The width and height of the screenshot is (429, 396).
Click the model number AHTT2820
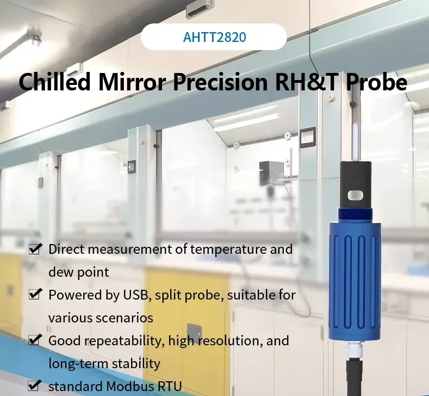pos(214,38)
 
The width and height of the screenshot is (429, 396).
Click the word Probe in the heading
pos(376,82)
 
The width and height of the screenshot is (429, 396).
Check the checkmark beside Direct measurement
pos(35,249)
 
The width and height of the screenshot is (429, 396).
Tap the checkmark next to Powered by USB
pos(35,295)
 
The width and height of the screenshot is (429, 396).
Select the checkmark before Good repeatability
pos(35,340)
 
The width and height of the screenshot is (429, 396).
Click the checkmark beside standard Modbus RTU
pos(35,386)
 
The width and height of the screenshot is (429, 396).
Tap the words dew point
pos(79,272)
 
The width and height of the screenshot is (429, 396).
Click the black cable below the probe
pos(354,376)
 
